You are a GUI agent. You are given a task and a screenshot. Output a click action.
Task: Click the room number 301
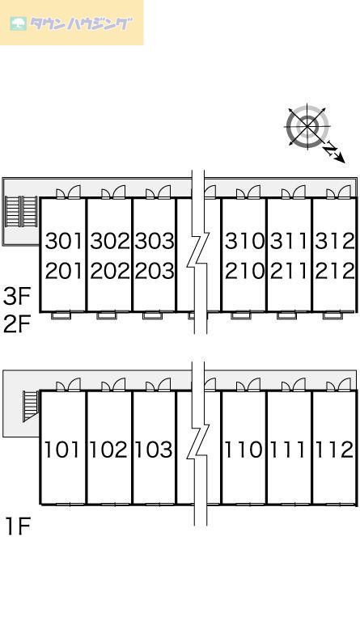click(x=65, y=241)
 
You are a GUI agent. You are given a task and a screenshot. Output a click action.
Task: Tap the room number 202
click(x=110, y=272)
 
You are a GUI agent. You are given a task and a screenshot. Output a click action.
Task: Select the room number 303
click(x=155, y=241)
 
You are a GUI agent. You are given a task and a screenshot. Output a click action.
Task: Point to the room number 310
click(x=244, y=241)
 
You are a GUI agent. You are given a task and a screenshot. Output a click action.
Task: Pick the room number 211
click(x=289, y=272)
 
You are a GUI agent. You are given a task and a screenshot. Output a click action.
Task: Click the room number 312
click(x=335, y=241)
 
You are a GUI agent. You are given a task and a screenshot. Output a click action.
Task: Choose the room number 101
click(x=63, y=450)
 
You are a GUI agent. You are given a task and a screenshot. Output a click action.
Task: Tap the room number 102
click(x=108, y=450)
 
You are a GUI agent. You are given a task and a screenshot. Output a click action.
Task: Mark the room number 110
click(x=244, y=450)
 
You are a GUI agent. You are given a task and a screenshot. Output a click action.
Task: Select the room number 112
click(x=333, y=450)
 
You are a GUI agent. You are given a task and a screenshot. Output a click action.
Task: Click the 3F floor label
click(x=17, y=297)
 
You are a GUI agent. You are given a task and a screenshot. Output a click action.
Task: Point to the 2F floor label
click(x=17, y=325)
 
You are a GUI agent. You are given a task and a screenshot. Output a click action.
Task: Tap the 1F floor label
click(x=18, y=526)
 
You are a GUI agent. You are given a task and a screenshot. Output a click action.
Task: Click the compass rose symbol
click(x=308, y=126)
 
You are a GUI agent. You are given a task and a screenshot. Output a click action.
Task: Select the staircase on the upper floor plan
click(x=21, y=212)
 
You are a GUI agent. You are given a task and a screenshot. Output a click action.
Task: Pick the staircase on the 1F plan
click(x=30, y=406)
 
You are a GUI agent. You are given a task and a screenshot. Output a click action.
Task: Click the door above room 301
click(x=68, y=192)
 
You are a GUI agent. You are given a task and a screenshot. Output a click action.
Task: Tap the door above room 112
click(x=339, y=385)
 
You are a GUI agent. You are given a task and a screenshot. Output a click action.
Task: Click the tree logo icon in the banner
click(x=19, y=23)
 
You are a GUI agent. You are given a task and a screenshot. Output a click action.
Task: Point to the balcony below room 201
click(x=61, y=315)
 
